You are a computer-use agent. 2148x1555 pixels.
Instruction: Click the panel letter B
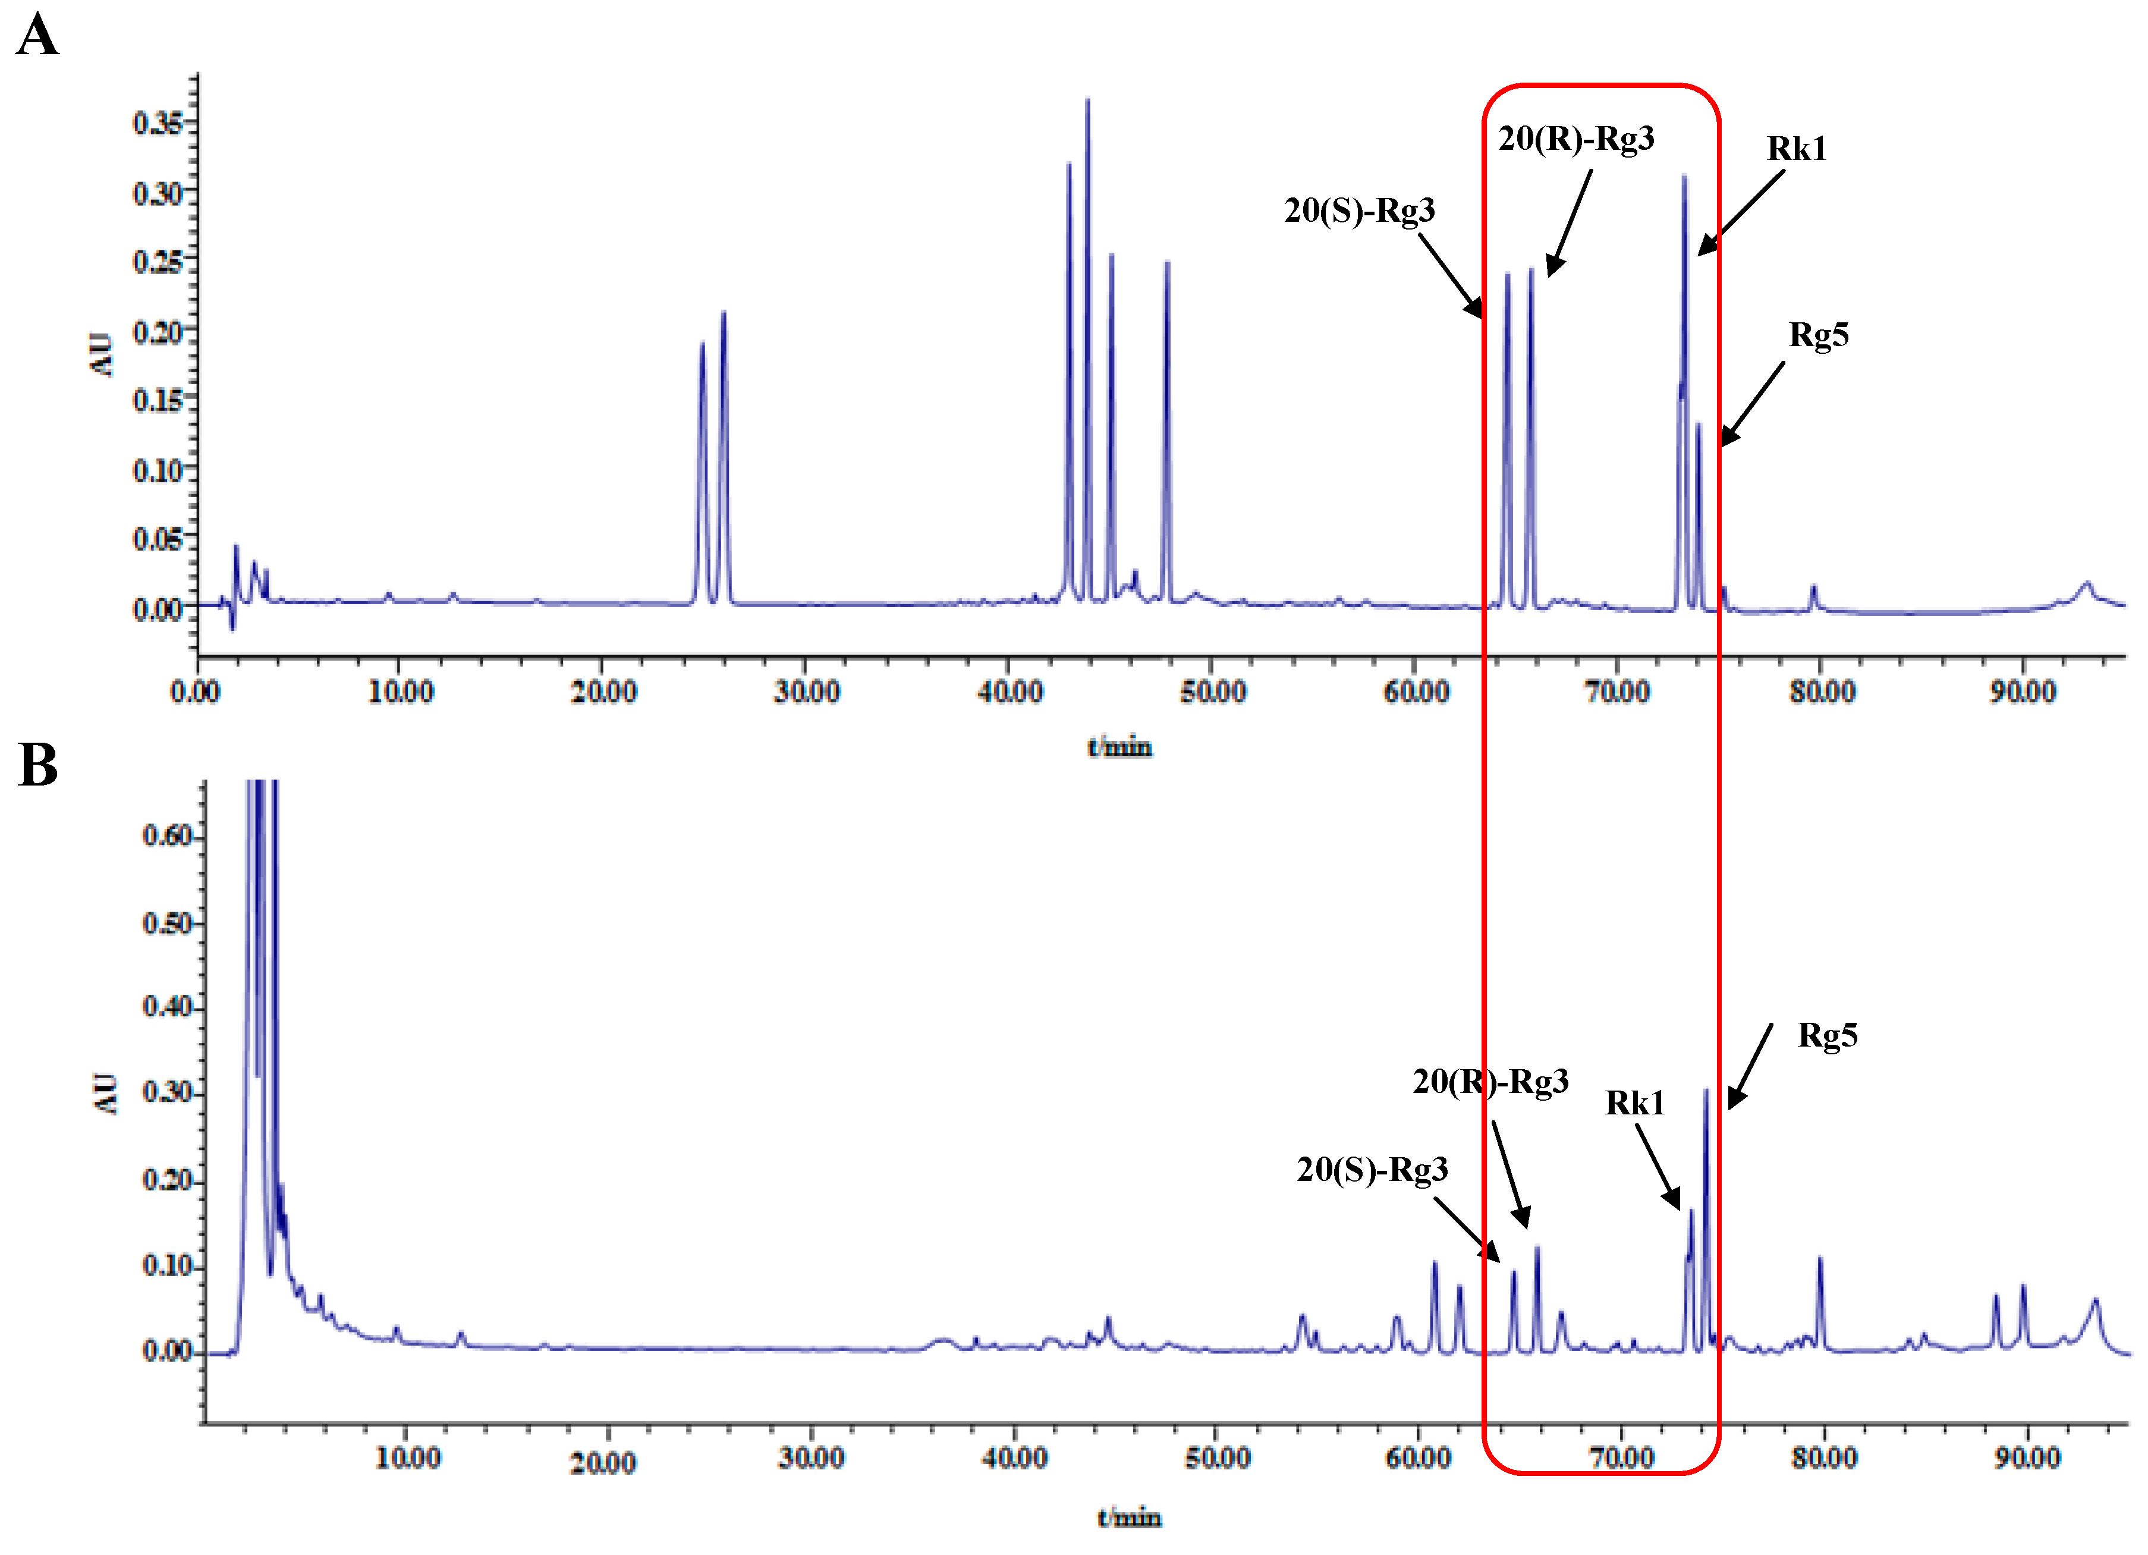(38, 765)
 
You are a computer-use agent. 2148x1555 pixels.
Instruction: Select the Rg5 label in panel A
(1817, 335)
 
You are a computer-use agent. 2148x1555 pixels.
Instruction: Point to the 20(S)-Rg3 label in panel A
(1359, 211)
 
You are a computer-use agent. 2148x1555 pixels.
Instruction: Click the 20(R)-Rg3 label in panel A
(1576, 139)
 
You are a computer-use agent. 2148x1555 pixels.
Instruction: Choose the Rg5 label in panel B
(1827, 1035)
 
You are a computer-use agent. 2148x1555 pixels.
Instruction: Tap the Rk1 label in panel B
(1635, 1103)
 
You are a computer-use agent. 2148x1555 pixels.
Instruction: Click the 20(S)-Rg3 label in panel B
(1372, 1170)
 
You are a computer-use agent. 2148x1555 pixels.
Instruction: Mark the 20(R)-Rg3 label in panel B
(1490, 1082)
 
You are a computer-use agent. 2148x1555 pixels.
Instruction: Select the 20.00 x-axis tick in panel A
(603, 692)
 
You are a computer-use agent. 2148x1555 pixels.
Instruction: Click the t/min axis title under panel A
(1119, 748)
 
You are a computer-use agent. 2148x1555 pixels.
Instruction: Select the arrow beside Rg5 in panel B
(1750, 1066)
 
